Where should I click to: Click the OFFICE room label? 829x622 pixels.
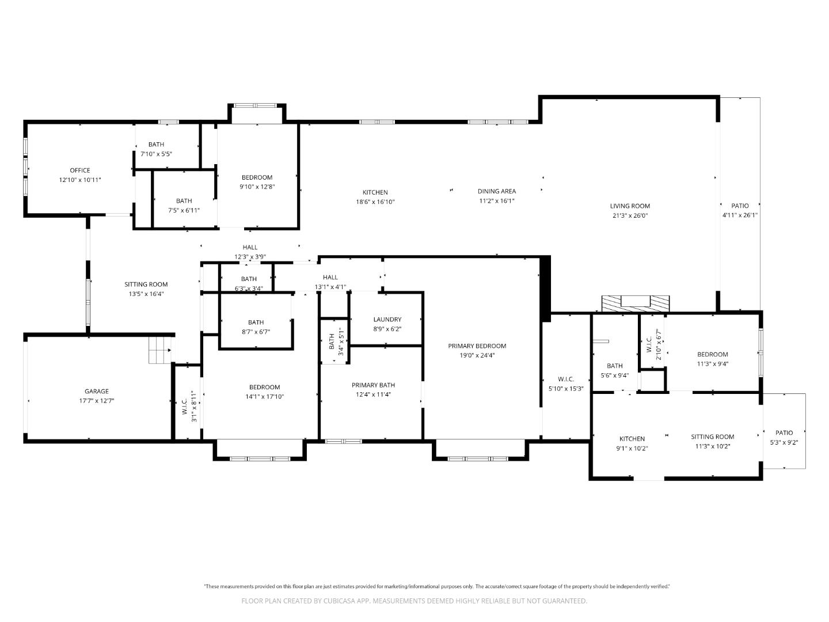[80, 170]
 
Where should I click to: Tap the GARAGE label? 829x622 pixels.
[97, 392]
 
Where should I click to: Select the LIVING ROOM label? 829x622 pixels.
[630, 206]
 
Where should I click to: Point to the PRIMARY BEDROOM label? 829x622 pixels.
[477, 346]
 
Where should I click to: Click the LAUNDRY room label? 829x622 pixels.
[387, 320]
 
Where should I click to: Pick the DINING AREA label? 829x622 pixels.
[497, 191]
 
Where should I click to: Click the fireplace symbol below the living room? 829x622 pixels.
[636, 303]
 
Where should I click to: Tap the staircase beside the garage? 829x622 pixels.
[160, 350]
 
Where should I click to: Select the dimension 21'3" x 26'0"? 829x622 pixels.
[630, 216]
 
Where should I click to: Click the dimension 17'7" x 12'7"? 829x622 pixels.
[97, 401]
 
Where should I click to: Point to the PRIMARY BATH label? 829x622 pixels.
[374, 385]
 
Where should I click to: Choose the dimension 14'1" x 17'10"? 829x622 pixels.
[265, 397]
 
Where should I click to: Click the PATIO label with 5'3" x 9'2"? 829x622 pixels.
[784, 433]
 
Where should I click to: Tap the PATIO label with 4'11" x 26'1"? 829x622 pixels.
[740, 206]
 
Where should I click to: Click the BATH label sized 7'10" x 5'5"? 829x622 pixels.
[156, 145]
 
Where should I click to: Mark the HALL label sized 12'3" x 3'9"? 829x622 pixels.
[250, 247]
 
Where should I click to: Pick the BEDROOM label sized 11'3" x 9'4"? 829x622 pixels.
[713, 355]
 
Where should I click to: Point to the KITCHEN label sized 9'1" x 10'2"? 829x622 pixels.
[632, 439]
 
